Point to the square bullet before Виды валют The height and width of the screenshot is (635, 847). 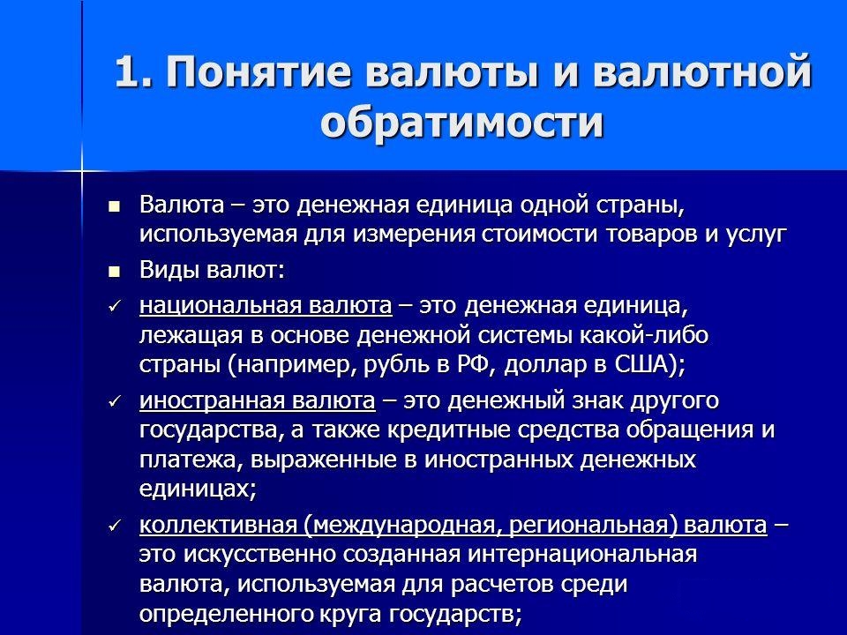113,272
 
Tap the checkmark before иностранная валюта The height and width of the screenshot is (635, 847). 113,402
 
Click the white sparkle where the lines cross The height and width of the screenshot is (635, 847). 81,169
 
